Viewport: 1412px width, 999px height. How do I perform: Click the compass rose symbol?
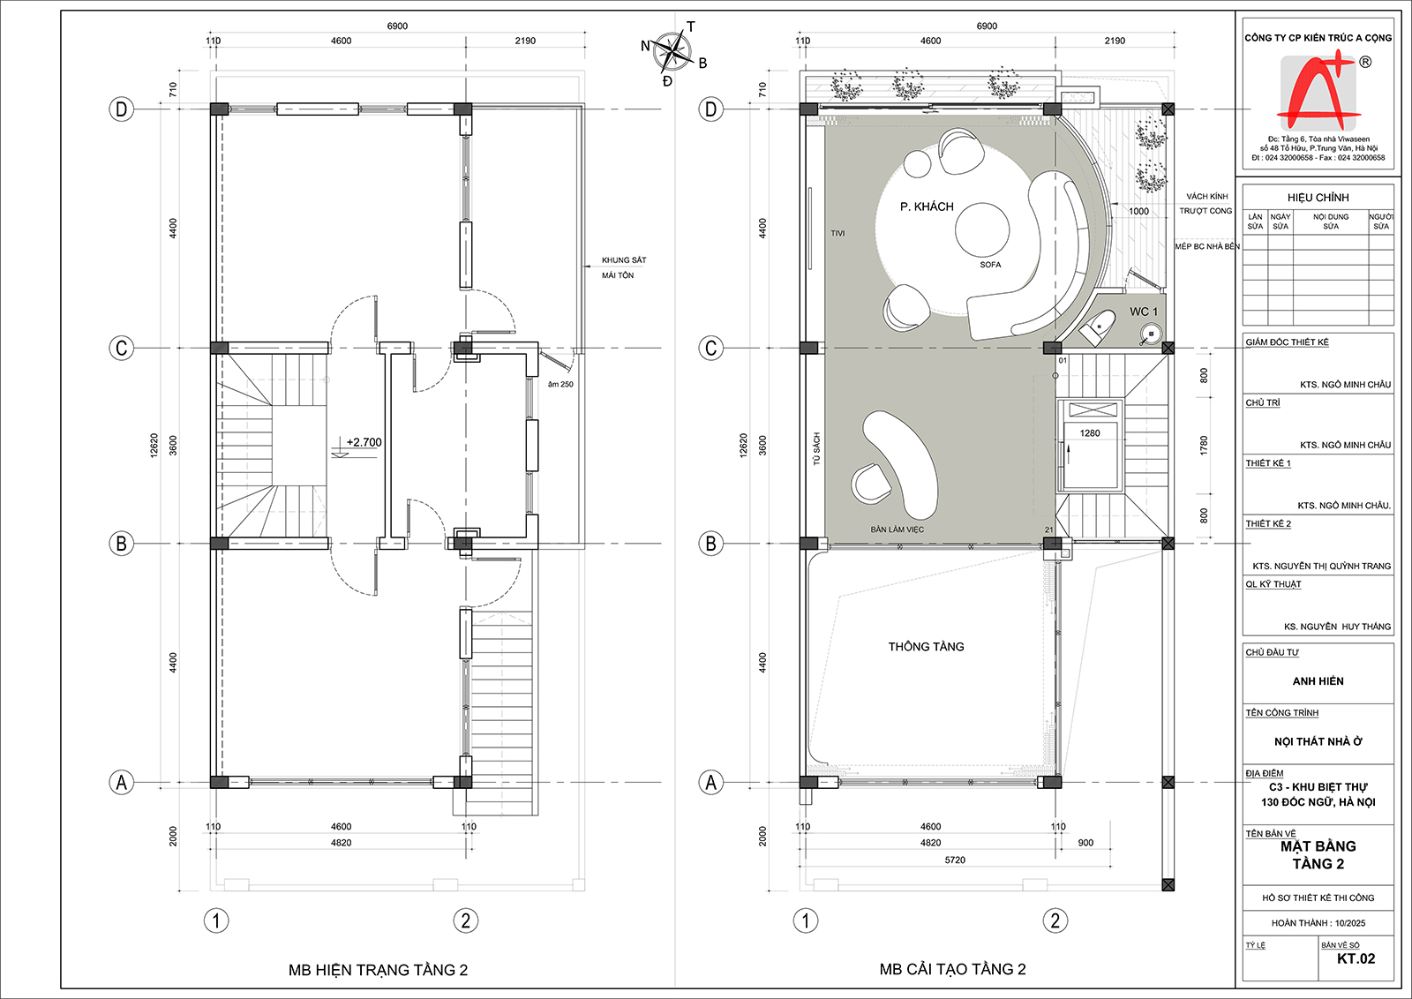click(672, 52)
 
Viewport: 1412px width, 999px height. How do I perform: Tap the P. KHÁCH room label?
click(927, 207)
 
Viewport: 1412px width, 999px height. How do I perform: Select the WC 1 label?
click(1144, 312)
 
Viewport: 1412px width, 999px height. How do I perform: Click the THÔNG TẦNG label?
click(926, 647)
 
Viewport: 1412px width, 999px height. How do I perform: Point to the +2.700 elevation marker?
click(364, 442)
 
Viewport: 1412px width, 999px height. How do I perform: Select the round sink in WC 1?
click(1151, 333)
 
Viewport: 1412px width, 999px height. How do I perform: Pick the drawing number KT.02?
click(1356, 958)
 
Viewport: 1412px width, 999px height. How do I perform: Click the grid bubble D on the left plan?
click(121, 109)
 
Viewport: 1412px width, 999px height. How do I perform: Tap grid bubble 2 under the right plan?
click(1055, 920)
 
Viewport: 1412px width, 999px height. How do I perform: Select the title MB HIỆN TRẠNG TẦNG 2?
click(379, 970)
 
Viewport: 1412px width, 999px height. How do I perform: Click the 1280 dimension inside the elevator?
click(1089, 433)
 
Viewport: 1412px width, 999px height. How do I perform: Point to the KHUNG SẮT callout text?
click(623, 260)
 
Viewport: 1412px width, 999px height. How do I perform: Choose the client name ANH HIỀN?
click(1318, 681)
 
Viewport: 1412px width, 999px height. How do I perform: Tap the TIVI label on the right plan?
click(837, 233)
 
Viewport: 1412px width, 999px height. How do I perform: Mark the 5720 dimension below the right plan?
click(955, 860)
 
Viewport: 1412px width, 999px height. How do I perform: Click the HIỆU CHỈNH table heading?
click(1318, 198)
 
